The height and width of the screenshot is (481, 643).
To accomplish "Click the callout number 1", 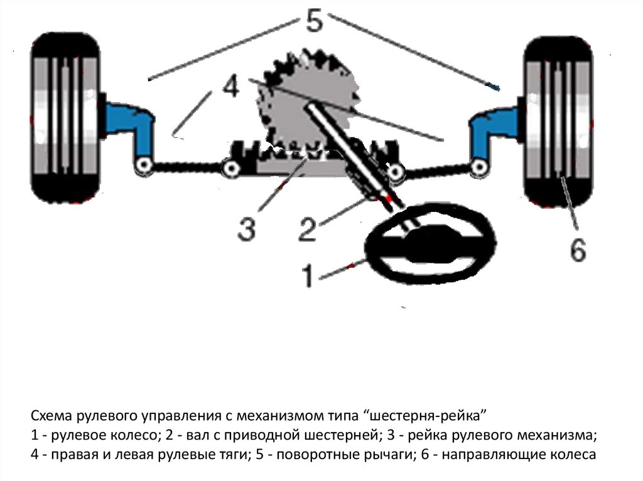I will (308, 276).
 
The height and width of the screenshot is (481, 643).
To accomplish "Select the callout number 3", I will (246, 230).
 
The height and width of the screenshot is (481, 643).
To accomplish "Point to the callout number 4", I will (230, 87).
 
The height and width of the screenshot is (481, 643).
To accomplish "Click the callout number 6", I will (578, 251).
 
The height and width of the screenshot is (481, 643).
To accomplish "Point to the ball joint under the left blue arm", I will (144, 166).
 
